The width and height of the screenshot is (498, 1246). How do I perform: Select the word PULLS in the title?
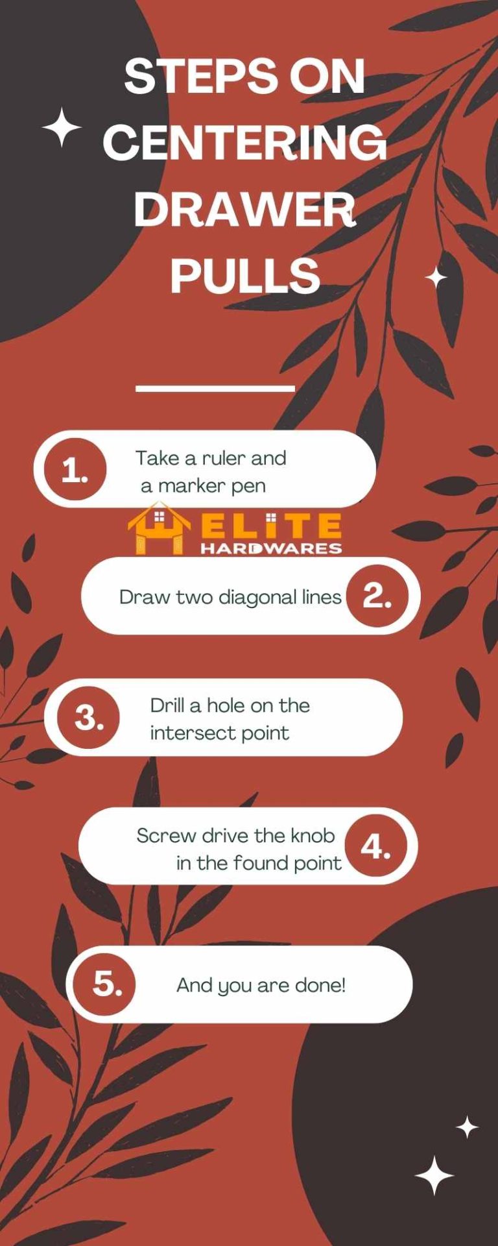[245, 275]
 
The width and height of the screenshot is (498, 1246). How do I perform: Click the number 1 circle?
[75, 470]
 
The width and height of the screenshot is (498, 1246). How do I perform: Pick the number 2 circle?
[377, 595]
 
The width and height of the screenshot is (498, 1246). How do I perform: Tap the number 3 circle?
[89, 718]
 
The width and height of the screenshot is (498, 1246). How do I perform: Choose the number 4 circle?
[375, 846]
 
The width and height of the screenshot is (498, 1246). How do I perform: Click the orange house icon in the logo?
[158, 529]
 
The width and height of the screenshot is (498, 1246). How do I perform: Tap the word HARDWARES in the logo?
[270, 548]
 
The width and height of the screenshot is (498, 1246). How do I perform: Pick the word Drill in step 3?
[170, 705]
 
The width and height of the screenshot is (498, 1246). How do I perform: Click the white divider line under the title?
[215, 389]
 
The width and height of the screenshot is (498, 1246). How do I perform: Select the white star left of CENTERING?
[62, 127]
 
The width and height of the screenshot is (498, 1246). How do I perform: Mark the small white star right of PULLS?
[436, 278]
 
